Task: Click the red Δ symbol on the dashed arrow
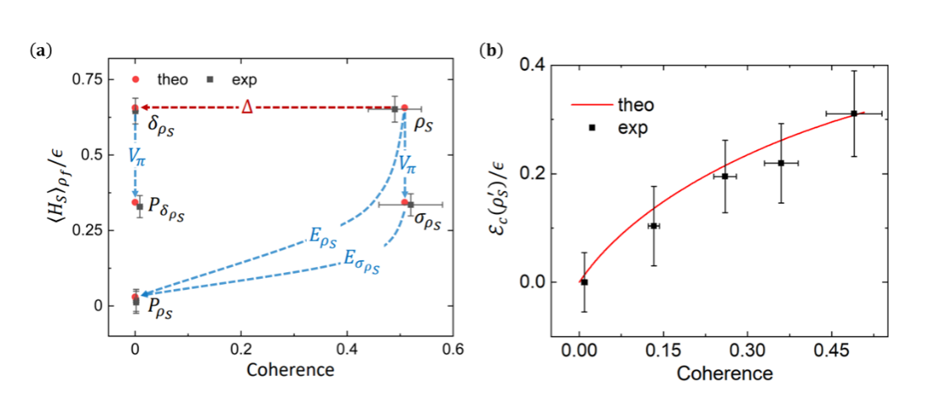tap(246, 106)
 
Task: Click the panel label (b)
tap(489, 52)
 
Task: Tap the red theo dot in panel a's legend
tap(136, 79)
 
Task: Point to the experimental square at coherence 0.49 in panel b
tap(854, 113)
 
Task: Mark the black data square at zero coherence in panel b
tap(584, 282)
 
